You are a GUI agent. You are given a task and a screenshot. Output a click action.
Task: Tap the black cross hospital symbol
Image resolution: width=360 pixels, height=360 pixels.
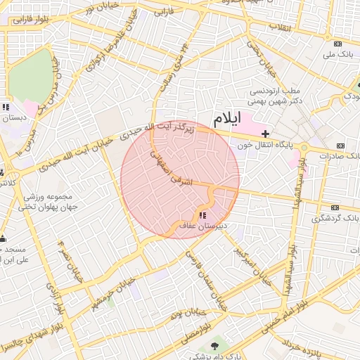[265, 133]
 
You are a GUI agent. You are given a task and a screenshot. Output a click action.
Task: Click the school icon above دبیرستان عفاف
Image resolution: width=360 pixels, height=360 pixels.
[203, 214]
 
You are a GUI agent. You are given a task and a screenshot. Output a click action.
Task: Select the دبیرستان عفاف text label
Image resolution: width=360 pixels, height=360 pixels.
[200, 226]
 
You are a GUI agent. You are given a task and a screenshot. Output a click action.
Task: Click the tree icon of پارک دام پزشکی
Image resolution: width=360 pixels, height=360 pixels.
[214, 345]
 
